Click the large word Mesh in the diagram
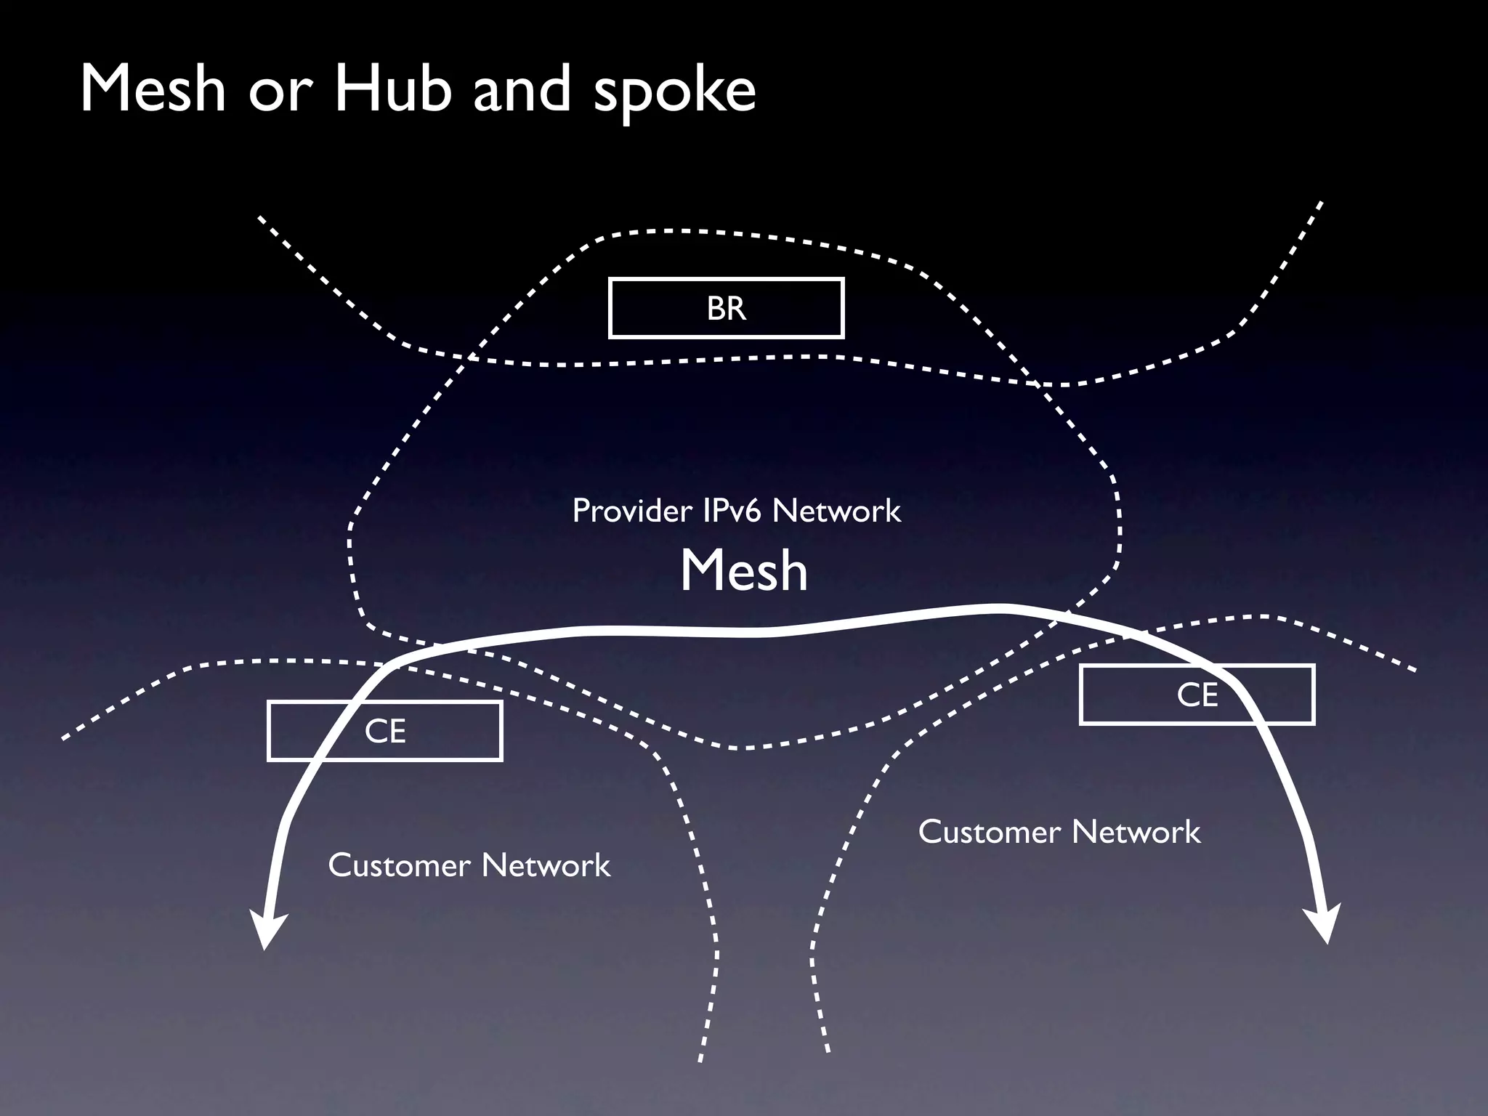(743, 571)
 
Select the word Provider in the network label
(631, 511)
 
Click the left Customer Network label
(469, 865)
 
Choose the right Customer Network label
(1059, 832)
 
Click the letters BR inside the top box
(726, 309)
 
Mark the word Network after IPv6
(836, 511)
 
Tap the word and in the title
(522, 89)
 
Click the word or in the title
(280, 93)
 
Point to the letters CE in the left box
(385, 732)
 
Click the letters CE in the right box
(1197, 695)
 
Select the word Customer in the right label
(989, 832)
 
